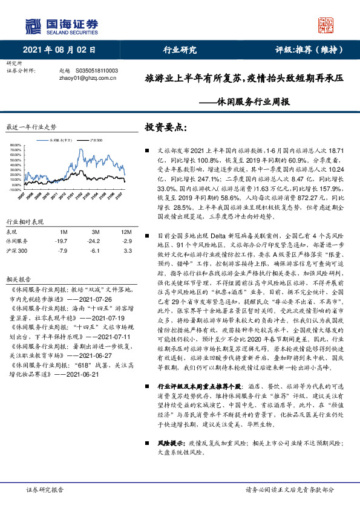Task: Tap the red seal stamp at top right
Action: (326, 25)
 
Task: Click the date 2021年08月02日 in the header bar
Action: (59, 51)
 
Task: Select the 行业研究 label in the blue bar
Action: (180, 51)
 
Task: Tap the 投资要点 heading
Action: (165, 127)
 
